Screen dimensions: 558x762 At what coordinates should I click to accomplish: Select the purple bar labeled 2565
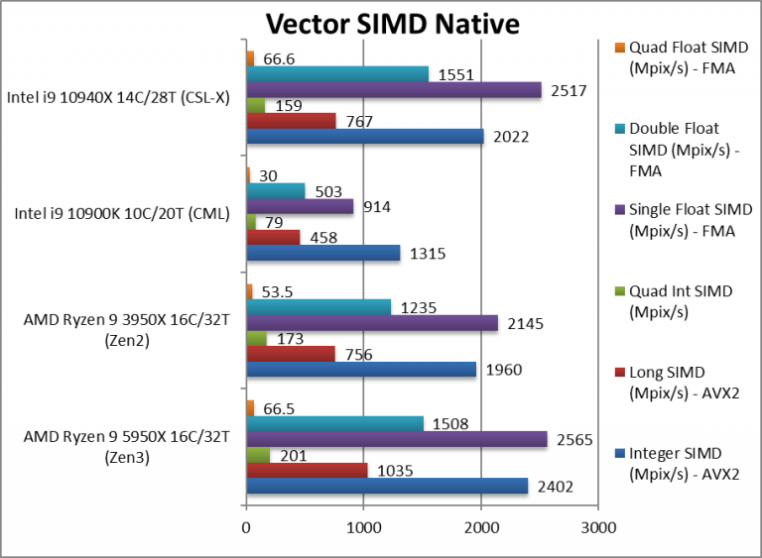(396, 439)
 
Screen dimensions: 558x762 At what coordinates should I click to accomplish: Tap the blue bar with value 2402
(387, 486)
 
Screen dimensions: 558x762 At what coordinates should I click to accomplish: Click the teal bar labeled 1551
(337, 74)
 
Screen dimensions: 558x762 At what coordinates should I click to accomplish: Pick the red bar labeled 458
(273, 238)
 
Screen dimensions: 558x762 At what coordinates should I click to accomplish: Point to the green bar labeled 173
(256, 339)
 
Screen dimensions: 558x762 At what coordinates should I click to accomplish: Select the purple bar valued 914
(300, 207)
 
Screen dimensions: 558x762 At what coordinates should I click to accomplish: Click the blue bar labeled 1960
(361, 370)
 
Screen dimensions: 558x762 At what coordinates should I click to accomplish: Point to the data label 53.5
(277, 290)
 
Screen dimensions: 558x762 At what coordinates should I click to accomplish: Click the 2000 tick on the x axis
(481, 528)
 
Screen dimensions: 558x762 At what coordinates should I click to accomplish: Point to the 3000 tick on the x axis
(598, 528)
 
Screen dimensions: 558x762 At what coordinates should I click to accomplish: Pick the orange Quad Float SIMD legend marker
(620, 48)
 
